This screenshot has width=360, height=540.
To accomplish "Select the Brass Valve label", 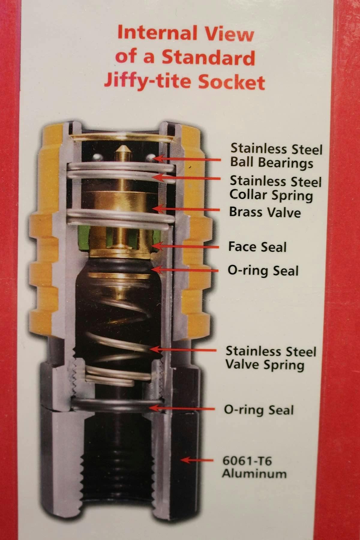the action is click(265, 212).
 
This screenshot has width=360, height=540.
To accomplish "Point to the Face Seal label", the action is click(257, 247).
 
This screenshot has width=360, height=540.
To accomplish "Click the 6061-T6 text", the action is click(247, 460).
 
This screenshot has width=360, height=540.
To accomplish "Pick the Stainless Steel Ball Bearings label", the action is click(276, 156).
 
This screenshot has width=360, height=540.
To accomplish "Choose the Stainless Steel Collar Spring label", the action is click(275, 188).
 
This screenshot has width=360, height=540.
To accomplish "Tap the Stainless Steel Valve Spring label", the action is click(271, 358).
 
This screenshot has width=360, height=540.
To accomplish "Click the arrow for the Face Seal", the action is click(185, 247).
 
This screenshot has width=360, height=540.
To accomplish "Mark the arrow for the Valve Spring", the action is click(183, 349).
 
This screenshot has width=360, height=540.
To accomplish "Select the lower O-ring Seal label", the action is click(259, 410).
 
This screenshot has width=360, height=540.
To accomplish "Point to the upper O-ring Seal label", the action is click(263, 271).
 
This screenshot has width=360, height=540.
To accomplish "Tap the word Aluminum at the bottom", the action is click(254, 474).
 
